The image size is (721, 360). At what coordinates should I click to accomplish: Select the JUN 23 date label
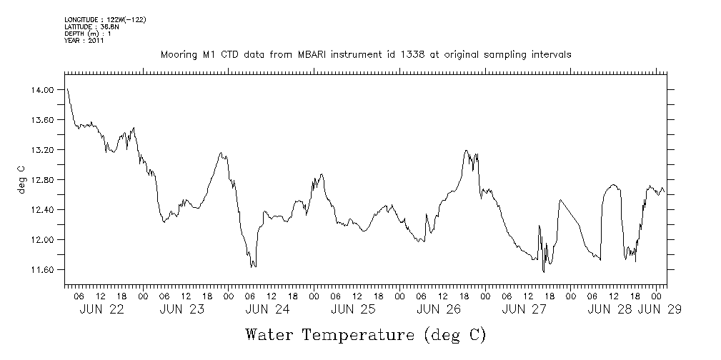tap(186, 309)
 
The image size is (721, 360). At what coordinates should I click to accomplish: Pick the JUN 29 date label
tap(660, 309)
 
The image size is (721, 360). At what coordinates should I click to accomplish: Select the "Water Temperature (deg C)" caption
tap(366, 334)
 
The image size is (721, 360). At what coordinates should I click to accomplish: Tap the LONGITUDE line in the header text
tap(105, 19)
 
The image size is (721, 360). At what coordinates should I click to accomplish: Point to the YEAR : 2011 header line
tap(84, 41)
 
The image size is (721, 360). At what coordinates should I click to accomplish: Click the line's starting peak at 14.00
tap(67, 89)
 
